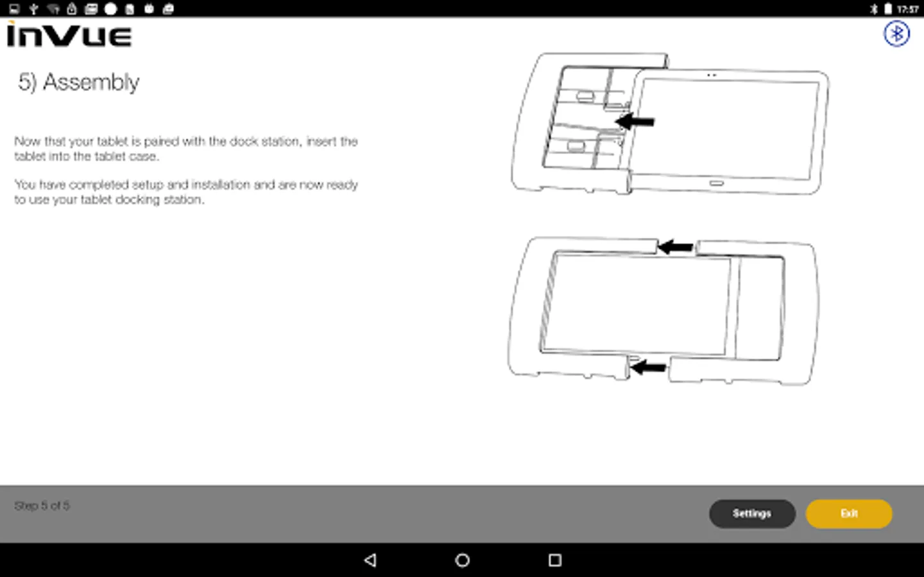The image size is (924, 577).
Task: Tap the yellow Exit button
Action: pos(849,514)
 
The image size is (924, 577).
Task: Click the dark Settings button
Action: pos(752,514)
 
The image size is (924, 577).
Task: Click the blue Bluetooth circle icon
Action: pos(896,33)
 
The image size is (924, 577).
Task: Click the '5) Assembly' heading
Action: pos(79,82)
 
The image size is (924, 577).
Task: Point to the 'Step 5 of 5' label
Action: pos(42,506)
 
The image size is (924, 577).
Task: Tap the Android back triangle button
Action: pos(370,560)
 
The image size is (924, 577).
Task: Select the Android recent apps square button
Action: pos(555,560)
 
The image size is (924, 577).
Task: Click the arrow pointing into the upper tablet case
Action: pos(635,121)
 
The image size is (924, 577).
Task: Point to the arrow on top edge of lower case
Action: pos(675,247)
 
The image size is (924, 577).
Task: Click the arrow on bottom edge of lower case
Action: pos(649,367)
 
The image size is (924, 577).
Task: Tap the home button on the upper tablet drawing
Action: pos(717,183)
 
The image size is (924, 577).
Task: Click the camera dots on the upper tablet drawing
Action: pos(712,75)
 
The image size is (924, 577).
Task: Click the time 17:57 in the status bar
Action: pos(907,9)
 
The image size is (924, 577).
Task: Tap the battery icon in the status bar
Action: pos(888,9)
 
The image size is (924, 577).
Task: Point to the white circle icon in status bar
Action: pos(110,9)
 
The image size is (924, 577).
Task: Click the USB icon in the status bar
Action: pos(34,9)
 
